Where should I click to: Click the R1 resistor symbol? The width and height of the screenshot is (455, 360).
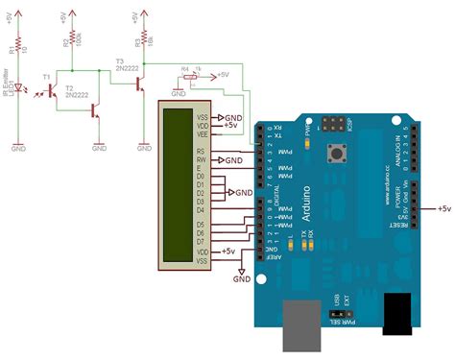(x=19, y=45)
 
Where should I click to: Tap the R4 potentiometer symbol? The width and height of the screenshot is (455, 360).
(x=192, y=74)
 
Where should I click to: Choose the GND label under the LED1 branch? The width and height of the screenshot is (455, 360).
(x=19, y=149)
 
